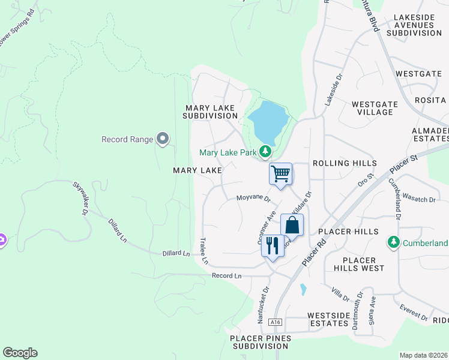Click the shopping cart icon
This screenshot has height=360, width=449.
click(x=280, y=174)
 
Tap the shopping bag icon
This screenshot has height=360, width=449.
click(x=292, y=226)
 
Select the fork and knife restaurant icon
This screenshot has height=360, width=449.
click(x=273, y=245)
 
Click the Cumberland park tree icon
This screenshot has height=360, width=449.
click(x=394, y=242)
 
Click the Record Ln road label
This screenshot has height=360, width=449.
click(x=226, y=276)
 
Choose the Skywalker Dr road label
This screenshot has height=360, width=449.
click(x=80, y=198)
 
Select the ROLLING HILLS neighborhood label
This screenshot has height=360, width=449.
click(x=345, y=163)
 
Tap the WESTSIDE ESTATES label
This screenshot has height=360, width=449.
click(x=327, y=319)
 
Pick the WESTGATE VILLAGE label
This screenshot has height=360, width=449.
click(x=374, y=108)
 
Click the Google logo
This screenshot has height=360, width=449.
click(x=20, y=353)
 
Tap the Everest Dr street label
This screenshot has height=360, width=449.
click(x=414, y=312)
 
